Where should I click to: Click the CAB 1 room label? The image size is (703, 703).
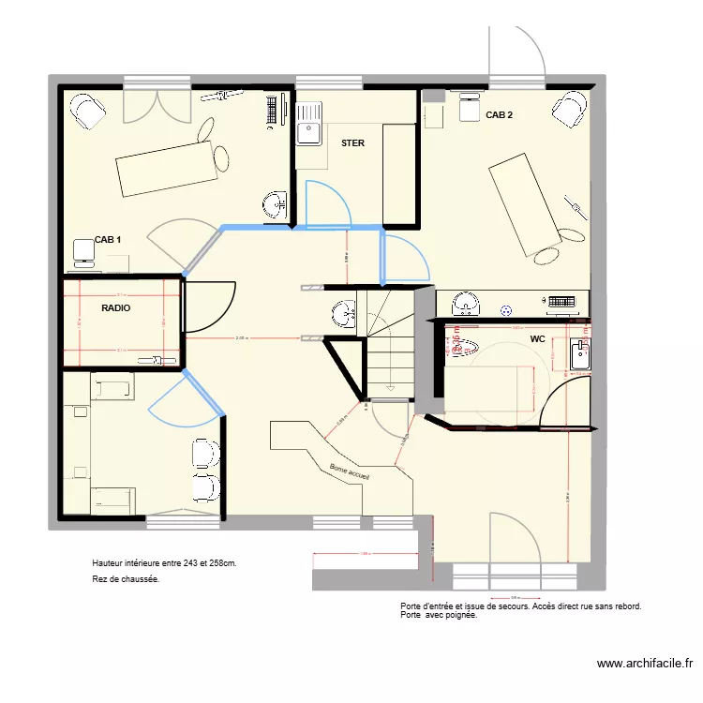[x=108, y=240]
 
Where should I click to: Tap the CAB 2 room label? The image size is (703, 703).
[x=499, y=115]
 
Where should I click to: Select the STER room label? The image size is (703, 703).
[x=352, y=143]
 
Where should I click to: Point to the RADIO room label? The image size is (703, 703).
[x=115, y=307]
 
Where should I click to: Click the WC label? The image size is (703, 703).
[x=537, y=338]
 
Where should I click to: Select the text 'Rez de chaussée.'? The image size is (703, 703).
[x=126, y=579]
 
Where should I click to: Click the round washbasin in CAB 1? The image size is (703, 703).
[x=276, y=203]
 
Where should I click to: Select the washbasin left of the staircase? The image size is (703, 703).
[x=341, y=313]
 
